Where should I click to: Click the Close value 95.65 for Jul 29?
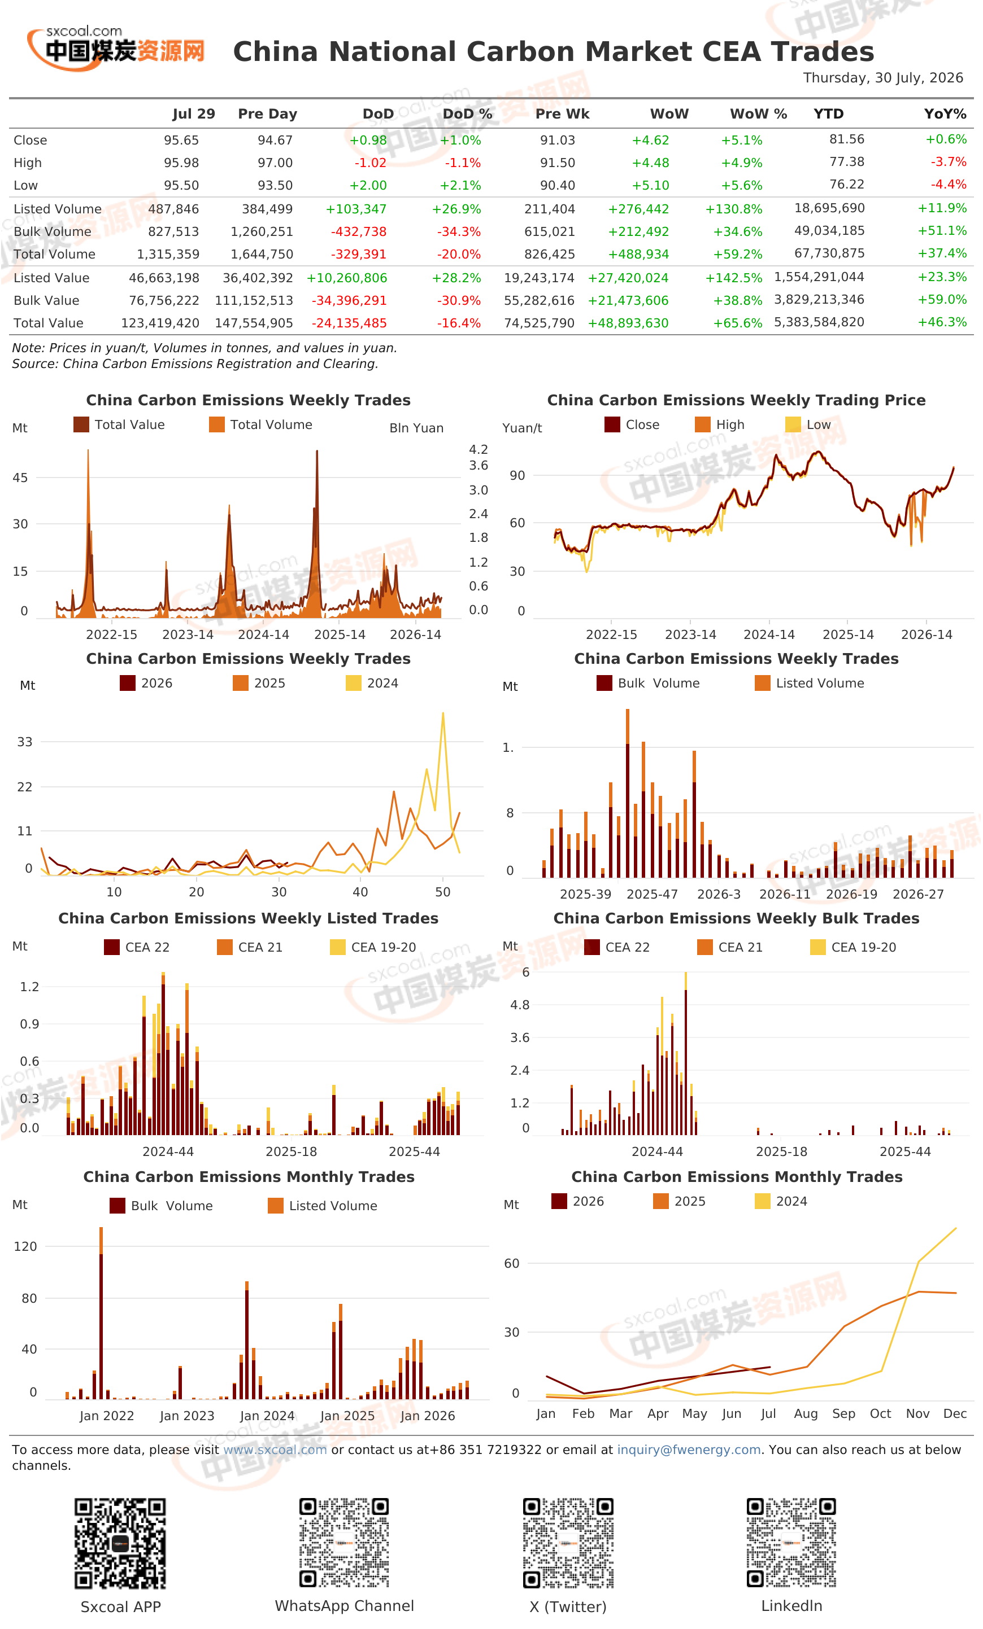[181, 140]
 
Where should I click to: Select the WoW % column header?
[758, 113]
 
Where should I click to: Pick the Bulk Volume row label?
[53, 231]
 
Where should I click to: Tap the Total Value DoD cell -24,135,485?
[349, 323]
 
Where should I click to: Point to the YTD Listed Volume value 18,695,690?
[829, 208]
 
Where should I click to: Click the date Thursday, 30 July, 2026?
[882, 77]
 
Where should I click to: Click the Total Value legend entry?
[119, 424]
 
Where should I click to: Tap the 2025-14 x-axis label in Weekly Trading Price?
[847, 634]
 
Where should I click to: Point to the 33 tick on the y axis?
[24, 742]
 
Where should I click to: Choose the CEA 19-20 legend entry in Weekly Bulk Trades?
[852, 947]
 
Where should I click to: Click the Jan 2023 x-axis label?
[187, 1416]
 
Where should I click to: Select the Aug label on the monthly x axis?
[806, 1413]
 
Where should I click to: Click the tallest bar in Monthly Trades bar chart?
[101, 1312]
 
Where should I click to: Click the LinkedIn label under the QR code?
[792, 1606]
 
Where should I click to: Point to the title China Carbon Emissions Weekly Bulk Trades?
[736, 918]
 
